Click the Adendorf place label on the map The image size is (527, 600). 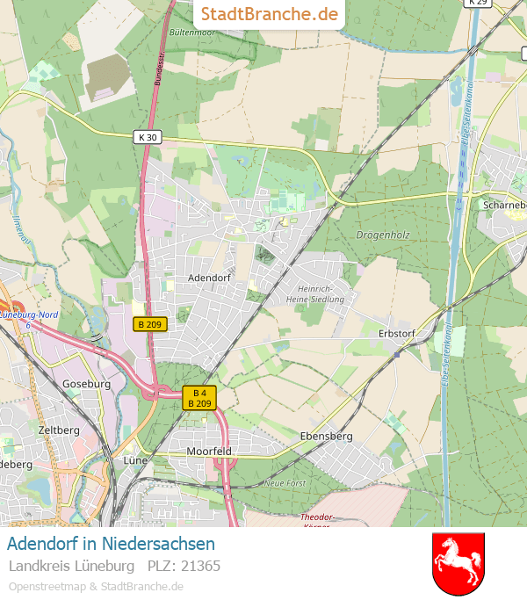point(209,277)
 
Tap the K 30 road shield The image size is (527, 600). point(148,137)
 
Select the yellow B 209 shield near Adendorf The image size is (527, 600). point(150,324)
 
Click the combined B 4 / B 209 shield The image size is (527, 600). point(199,398)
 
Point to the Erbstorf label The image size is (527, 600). point(396,333)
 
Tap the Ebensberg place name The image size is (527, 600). point(326,436)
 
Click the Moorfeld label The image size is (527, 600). point(210,451)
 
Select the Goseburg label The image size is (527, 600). point(86,384)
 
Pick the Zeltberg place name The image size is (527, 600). point(59,430)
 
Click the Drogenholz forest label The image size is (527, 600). point(383,235)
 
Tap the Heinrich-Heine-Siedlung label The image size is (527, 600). point(315,294)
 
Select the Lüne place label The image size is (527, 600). point(134,459)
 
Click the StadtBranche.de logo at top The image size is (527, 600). point(269,14)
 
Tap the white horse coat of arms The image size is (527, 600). point(458,563)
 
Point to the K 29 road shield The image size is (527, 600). point(478,3)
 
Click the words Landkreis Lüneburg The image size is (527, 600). point(71,565)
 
